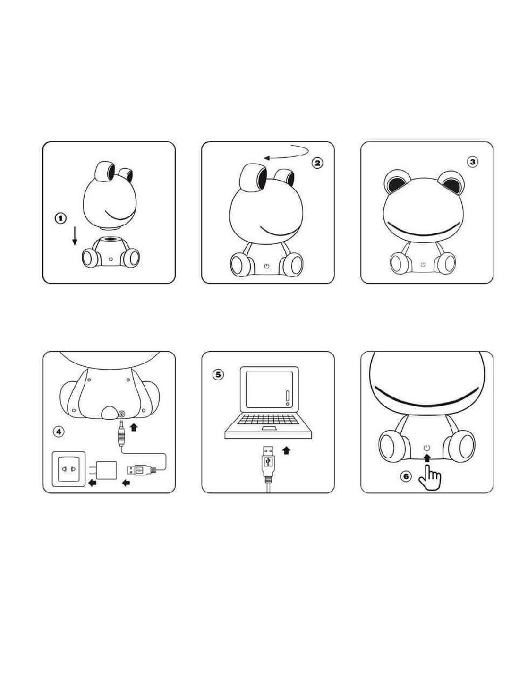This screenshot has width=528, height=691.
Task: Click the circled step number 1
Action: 61,218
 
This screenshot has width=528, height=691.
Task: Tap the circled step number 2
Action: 317,163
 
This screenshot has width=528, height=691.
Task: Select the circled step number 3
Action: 472,162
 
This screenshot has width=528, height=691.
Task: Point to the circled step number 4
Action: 59,432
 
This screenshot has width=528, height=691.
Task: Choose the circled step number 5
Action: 218,375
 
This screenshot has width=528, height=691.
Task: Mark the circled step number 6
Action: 406,477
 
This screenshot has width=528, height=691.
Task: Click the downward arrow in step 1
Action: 75,236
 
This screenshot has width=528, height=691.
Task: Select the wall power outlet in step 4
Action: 69,469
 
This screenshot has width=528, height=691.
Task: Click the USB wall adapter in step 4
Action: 103,470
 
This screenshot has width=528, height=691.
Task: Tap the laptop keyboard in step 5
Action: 267,419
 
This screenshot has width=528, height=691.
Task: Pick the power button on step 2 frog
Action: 267,266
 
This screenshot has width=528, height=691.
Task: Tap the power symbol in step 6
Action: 427,447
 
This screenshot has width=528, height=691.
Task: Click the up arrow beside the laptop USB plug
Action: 286,450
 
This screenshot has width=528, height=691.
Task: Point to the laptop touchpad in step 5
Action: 268,428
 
